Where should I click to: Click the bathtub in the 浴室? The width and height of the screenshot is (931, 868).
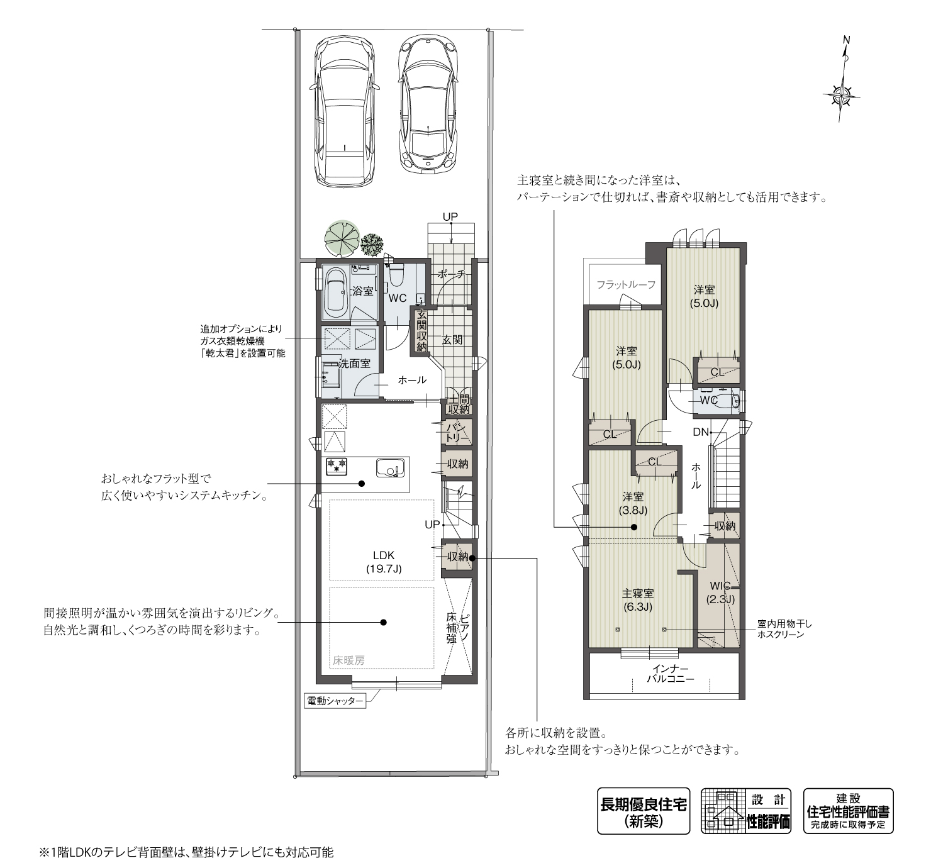(x=335, y=292)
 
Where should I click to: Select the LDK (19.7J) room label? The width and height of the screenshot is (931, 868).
(x=383, y=562)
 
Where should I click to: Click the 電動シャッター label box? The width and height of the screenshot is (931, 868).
(x=335, y=701)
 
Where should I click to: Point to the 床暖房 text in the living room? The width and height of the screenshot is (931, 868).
(x=348, y=660)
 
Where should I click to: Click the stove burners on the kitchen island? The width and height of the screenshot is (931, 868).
(x=337, y=466)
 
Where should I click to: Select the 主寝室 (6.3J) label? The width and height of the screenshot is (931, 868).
(x=638, y=600)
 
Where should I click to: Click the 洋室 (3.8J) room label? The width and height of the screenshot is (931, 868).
(x=632, y=503)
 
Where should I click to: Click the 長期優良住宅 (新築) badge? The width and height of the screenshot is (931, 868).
(x=643, y=811)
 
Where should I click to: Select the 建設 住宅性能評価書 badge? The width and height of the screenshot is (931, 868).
(x=848, y=811)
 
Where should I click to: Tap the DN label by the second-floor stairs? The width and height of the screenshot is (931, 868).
(x=701, y=432)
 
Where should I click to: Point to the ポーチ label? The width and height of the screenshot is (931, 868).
(x=450, y=274)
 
